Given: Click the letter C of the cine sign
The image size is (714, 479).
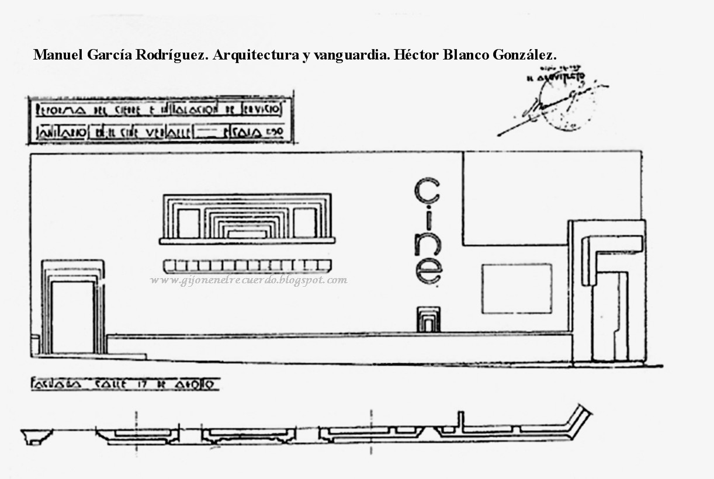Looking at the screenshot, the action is click(427, 192).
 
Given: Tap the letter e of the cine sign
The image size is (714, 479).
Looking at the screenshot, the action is click(428, 271).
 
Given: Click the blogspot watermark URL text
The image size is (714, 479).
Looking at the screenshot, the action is click(248, 280).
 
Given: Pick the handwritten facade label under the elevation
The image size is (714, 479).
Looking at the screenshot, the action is click(124, 384).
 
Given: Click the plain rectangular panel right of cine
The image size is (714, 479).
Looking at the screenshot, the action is click(517, 288).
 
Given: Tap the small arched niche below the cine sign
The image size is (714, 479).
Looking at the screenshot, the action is click(429, 320).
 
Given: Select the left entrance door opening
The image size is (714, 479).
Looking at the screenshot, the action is click(72, 317).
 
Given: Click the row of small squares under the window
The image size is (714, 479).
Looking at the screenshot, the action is click(248, 266).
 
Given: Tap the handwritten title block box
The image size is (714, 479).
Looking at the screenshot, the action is click(160, 120).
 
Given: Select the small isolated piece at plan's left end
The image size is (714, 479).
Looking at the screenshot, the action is click(36, 436).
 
